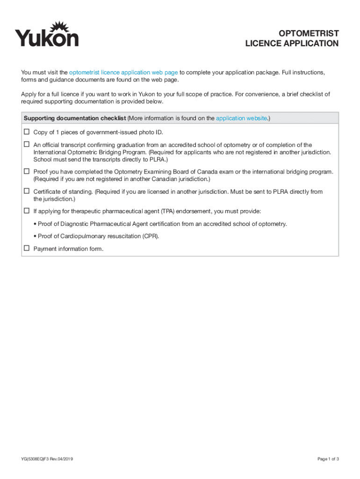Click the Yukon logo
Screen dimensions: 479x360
point(47,34)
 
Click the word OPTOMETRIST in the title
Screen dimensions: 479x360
point(309,33)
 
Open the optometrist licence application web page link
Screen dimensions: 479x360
point(123,73)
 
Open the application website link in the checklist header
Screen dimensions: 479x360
point(241,118)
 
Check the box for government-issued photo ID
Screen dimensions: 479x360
point(27,132)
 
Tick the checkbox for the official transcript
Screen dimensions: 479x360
point(27,145)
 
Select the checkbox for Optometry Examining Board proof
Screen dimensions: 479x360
point(27,171)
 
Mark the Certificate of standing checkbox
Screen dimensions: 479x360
point(27,191)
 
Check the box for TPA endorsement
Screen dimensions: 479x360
point(27,210)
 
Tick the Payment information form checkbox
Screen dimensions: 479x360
point(27,248)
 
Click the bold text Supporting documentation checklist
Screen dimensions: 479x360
point(75,118)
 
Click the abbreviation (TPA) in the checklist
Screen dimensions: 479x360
point(171,211)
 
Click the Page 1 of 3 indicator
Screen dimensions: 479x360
point(328,459)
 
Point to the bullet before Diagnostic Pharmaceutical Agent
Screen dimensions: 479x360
point(35,224)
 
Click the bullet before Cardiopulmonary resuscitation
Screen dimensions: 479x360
point(35,236)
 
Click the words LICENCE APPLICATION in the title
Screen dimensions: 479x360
point(292,44)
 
